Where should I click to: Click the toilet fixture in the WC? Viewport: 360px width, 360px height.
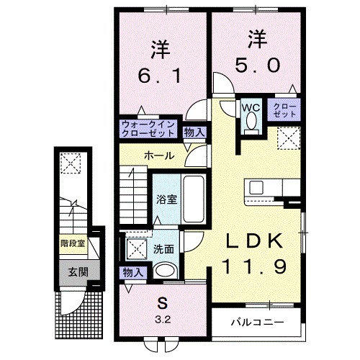tap(250, 122)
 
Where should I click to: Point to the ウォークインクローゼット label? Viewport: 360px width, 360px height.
tap(148, 128)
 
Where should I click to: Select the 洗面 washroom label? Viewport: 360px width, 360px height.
tap(163, 249)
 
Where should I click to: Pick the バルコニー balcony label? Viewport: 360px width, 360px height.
tap(257, 321)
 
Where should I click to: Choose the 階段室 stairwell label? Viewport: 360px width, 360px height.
tap(72, 243)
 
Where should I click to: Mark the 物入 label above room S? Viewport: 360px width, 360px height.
tap(131, 273)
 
